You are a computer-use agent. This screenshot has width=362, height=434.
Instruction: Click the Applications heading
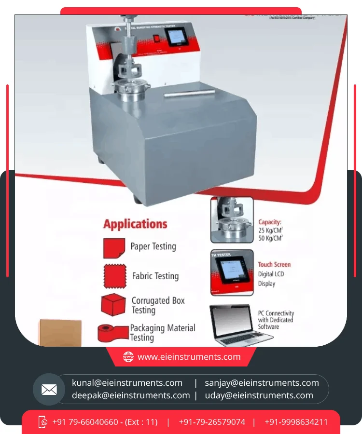(x=135, y=224)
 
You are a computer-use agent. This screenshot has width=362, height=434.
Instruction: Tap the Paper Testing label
(x=153, y=246)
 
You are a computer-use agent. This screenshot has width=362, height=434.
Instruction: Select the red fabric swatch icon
(x=115, y=276)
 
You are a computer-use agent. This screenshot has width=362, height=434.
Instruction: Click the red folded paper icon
(x=114, y=248)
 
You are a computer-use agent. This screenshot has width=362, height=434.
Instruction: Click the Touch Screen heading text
(x=274, y=264)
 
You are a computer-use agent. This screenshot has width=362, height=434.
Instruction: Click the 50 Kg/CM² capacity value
(x=270, y=238)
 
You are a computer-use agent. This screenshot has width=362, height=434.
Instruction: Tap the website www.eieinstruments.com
(x=189, y=357)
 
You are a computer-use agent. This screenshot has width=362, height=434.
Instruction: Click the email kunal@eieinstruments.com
(x=127, y=383)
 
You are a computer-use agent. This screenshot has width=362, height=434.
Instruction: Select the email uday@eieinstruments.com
(x=259, y=395)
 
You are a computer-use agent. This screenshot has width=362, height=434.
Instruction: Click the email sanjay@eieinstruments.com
(x=262, y=383)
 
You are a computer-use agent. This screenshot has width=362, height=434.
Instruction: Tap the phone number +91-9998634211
(x=296, y=422)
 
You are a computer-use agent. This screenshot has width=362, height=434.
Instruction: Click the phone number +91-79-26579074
(x=212, y=422)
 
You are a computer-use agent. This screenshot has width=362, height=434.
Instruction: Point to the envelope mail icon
(x=49, y=389)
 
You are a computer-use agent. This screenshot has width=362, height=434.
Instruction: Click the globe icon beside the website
(x=128, y=357)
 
